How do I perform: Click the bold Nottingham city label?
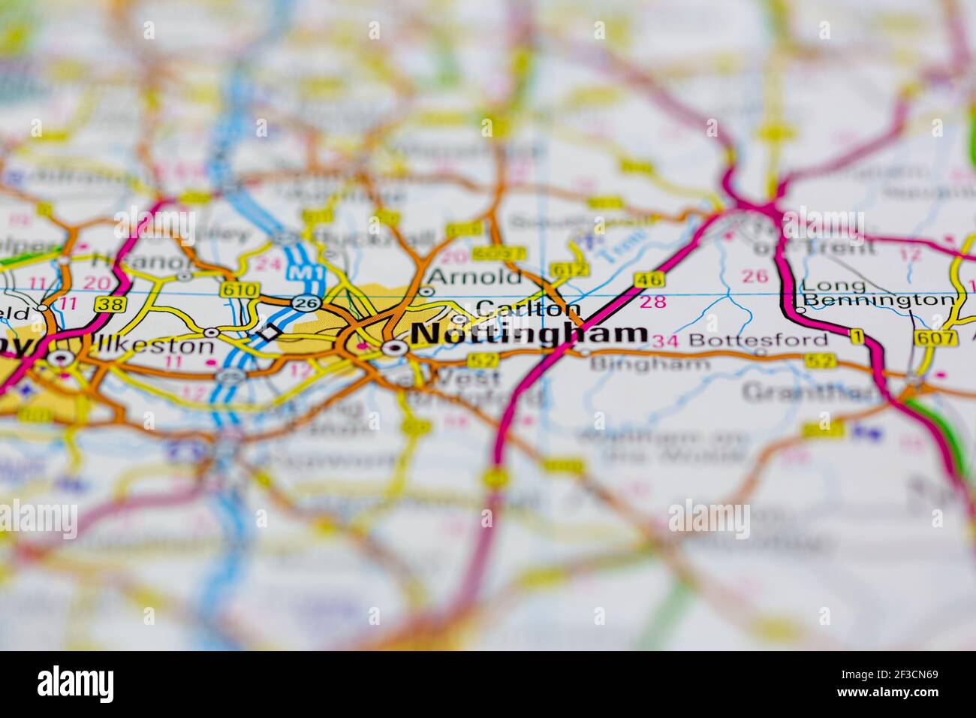click(x=530, y=334)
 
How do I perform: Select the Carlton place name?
click(x=529, y=309)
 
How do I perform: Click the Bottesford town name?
click(x=758, y=339)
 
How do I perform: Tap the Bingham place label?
click(x=650, y=364)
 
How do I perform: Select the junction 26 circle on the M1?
click(x=306, y=303)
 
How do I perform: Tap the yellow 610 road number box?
click(x=230, y=289)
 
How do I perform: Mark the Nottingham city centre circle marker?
click(x=393, y=348)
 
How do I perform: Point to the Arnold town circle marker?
click(x=426, y=291)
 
